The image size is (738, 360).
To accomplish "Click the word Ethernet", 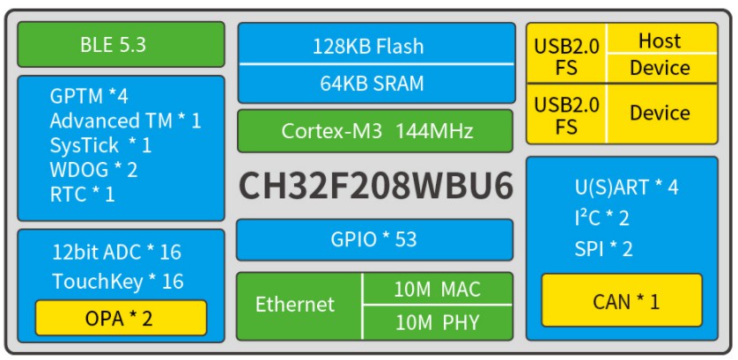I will (x=295, y=305).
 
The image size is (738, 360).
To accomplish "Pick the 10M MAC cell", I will (x=438, y=289).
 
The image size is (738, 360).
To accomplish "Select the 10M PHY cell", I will (x=438, y=322).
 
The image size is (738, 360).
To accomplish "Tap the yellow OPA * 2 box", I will (x=121, y=318).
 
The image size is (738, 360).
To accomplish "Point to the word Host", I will (x=660, y=40).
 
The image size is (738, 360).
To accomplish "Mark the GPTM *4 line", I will (x=89, y=96).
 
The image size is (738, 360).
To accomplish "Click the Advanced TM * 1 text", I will (x=125, y=121).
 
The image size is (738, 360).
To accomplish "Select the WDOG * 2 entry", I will (x=94, y=169).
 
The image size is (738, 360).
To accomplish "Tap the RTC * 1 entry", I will (x=83, y=194).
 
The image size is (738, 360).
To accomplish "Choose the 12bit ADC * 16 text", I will (x=116, y=253).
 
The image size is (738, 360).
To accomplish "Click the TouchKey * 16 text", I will (x=117, y=282).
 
